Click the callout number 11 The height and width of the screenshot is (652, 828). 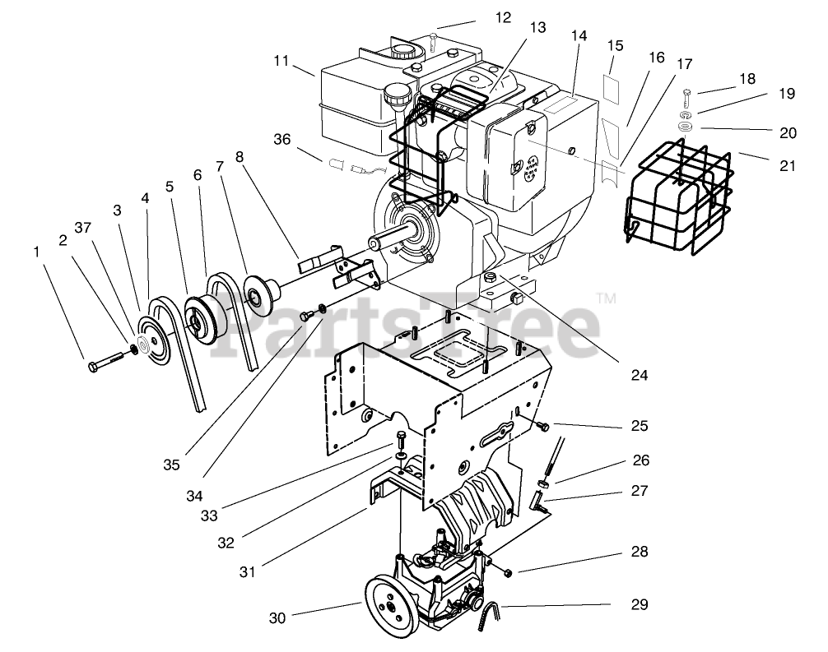pos(282,61)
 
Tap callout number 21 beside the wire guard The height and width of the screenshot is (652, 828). pos(788,165)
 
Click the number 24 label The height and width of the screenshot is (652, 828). pos(639,375)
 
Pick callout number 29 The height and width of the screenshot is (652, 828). pos(640,605)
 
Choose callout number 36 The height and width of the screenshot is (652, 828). pos(282,140)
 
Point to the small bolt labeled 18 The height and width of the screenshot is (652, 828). pos(688,92)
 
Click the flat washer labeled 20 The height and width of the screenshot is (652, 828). pos(686,127)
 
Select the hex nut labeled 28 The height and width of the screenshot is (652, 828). pos(507,572)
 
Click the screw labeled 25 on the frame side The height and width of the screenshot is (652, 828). pos(542,425)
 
